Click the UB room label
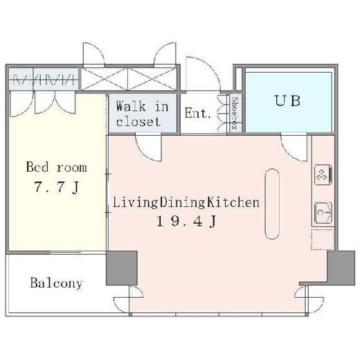click(288, 101)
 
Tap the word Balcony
click(56, 283)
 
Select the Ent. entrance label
click(197, 113)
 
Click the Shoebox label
click(235, 113)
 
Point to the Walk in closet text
click(142, 114)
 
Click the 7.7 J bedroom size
click(57, 187)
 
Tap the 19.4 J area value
click(186, 222)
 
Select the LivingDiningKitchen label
click(186, 202)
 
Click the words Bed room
click(57, 167)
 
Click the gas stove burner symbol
click(323, 174)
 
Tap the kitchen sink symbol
click(323, 213)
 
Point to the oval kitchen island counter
click(272, 204)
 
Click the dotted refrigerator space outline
click(323, 240)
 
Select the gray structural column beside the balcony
click(122, 268)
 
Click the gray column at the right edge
click(341, 268)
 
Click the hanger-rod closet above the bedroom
click(44, 79)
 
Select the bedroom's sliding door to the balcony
click(66, 253)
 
